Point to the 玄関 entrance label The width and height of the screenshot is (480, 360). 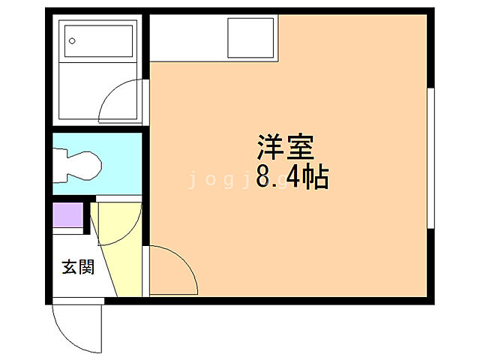coord(77,267)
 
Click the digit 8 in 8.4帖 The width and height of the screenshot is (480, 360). coord(265,178)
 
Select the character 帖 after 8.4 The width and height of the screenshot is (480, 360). coord(317,178)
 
